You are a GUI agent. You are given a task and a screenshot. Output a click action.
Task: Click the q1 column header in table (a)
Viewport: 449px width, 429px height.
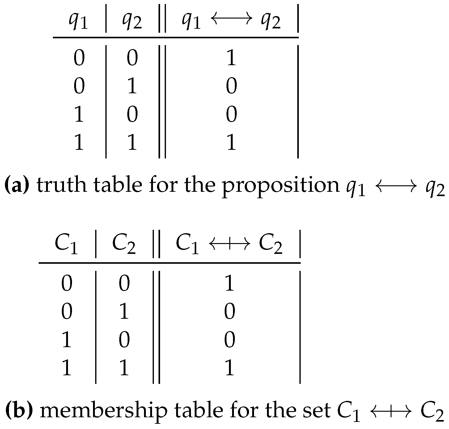[78, 22]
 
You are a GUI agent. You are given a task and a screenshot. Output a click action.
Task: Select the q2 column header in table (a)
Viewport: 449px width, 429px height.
[132, 22]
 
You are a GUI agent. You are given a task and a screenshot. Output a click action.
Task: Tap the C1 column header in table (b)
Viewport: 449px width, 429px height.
[66, 245]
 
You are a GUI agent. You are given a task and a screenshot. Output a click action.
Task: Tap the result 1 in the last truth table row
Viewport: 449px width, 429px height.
[231, 143]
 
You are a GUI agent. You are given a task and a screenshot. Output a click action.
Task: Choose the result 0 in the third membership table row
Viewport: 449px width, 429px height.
[229, 340]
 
